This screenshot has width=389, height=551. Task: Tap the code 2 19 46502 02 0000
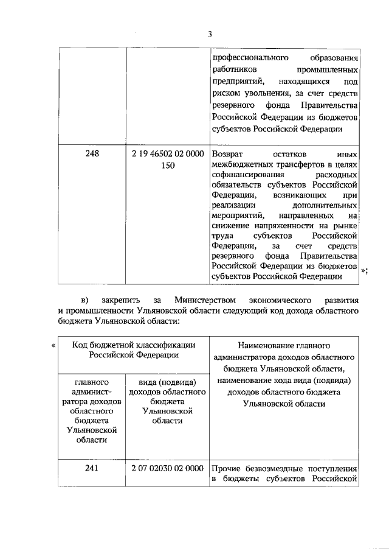pyautogui.click(x=167, y=155)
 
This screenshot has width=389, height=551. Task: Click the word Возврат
pyautogui.click(x=229, y=155)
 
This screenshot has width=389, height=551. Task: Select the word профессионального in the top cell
pyautogui.click(x=249, y=58)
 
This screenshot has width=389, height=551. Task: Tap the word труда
pyautogui.click(x=222, y=236)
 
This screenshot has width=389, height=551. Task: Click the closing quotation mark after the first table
pyautogui.click(x=363, y=272)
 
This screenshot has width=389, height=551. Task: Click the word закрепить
pyautogui.click(x=121, y=300)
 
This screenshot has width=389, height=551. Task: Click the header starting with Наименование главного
pyautogui.click(x=284, y=345)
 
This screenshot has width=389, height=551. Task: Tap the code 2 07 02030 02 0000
pyautogui.click(x=167, y=469)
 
